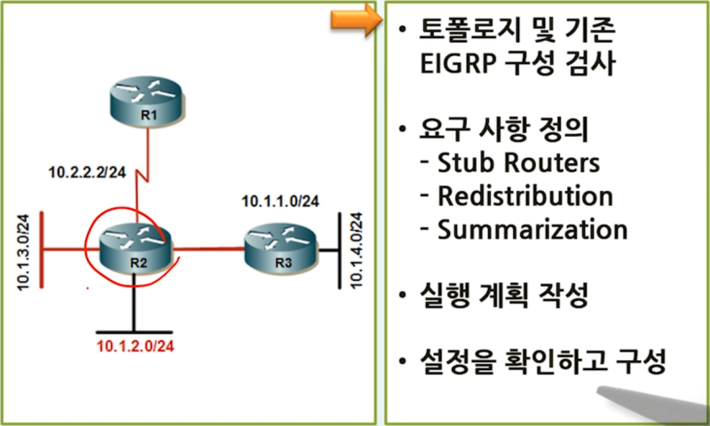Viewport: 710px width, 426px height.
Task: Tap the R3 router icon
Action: tap(282, 248)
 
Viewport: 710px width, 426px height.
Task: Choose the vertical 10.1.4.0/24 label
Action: tap(359, 247)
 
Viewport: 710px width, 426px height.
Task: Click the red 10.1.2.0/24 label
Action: tap(134, 345)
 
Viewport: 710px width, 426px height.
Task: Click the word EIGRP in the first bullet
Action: tap(462, 67)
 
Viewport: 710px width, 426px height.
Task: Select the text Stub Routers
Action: tap(518, 163)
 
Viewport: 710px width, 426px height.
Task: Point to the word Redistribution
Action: tap(525, 196)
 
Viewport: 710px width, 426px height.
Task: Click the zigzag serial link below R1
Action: tap(146, 173)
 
